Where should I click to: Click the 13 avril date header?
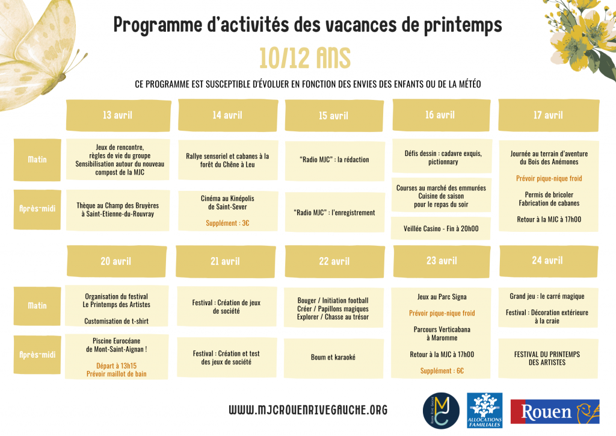click(x=117, y=115)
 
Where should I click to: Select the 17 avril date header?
click(x=548, y=115)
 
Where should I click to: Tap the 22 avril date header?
click(x=334, y=261)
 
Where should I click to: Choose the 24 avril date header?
click(x=547, y=261)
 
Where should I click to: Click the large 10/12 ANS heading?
click(x=305, y=58)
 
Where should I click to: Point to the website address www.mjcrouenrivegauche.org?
click(x=308, y=411)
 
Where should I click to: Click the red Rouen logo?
click(x=555, y=412)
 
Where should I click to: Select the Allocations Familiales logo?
click(x=484, y=410)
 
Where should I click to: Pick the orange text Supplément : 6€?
click(x=442, y=371)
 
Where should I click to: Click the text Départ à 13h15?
click(x=117, y=366)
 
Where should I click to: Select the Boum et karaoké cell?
click(x=333, y=357)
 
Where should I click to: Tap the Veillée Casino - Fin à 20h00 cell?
click(x=442, y=228)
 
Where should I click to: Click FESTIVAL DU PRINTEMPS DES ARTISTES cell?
click(x=547, y=358)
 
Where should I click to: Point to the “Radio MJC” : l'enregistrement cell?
click(x=334, y=213)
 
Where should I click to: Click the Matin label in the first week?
click(x=37, y=160)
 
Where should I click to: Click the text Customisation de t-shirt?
click(x=117, y=321)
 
